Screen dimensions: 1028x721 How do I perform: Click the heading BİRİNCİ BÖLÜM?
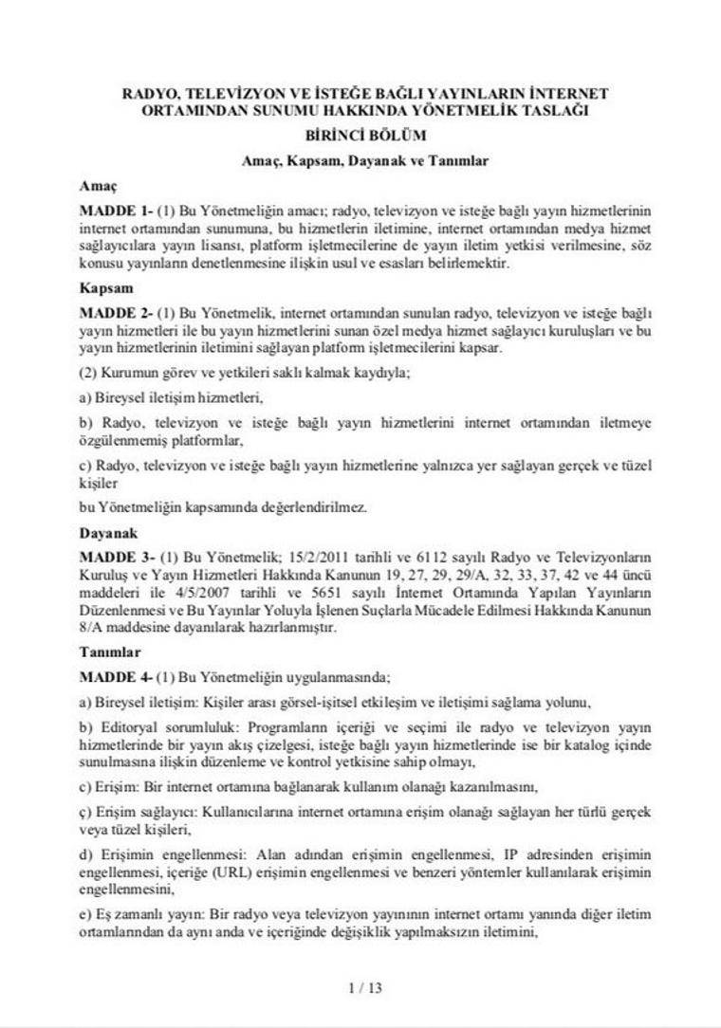click(x=365, y=136)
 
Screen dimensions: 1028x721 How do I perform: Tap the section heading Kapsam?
click(x=106, y=286)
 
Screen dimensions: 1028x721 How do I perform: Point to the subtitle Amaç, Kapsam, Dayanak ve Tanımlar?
click(x=365, y=160)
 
